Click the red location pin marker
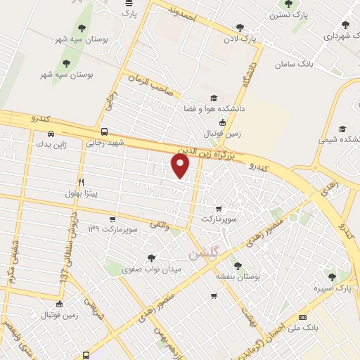click(181, 166)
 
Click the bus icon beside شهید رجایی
click(104, 131)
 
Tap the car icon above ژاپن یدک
click(50, 133)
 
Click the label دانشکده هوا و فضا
click(212, 110)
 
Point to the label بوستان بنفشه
click(239, 278)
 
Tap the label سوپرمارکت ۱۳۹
click(111, 230)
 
